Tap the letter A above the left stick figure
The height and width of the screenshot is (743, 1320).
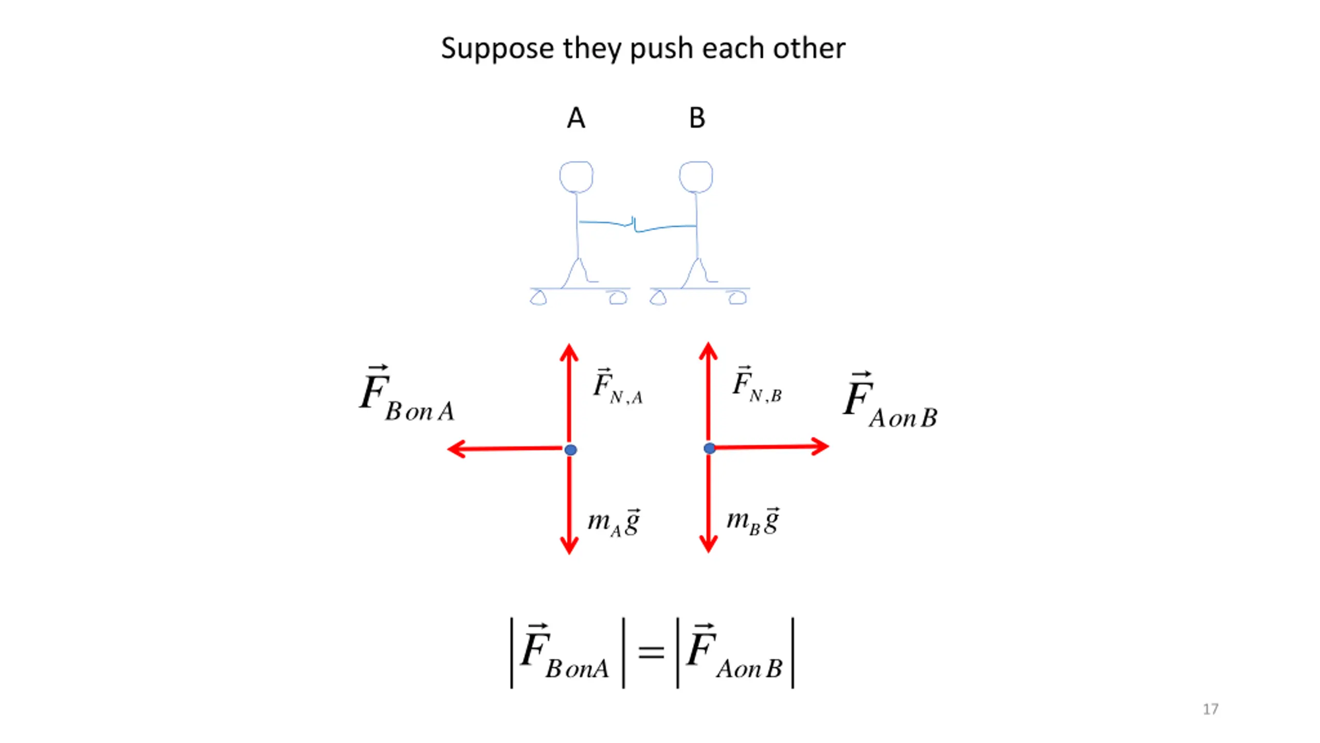576,118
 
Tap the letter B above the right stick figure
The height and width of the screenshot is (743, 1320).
697,118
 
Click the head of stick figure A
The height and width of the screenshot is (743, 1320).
576,177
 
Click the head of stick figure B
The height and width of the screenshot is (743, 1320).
696,177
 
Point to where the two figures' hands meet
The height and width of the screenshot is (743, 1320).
634,225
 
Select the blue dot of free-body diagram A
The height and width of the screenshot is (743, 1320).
570,450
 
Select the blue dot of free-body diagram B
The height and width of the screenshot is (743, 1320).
709,448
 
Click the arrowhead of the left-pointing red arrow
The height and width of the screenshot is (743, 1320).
455,449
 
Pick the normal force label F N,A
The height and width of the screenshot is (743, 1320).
617,387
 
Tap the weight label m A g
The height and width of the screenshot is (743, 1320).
614,522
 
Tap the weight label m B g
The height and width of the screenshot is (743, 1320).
753,521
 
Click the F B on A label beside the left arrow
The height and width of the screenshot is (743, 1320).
406,395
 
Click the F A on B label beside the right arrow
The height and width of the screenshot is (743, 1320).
889,401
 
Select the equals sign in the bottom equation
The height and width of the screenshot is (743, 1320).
651,653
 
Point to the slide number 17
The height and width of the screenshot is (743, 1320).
1210,709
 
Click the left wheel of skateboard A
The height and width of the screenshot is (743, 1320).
538,298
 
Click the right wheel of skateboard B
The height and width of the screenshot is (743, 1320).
737,298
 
